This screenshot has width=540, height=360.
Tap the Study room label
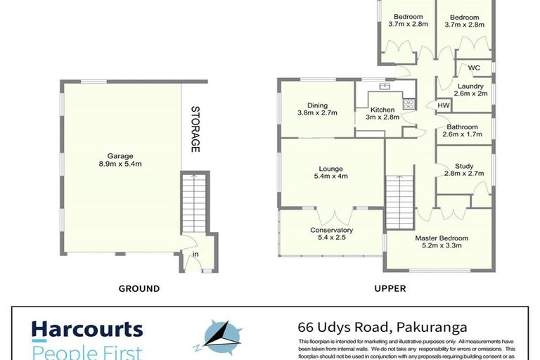(x=464, y=165)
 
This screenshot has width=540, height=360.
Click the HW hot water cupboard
(x=443, y=105)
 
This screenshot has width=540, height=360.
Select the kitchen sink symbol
(x=384, y=87)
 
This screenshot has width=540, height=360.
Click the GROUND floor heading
(x=139, y=288)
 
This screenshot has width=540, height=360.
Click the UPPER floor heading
(x=391, y=288)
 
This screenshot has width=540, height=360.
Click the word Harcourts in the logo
(x=86, y=329)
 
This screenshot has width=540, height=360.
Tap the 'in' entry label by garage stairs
(x=195, y=255)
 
